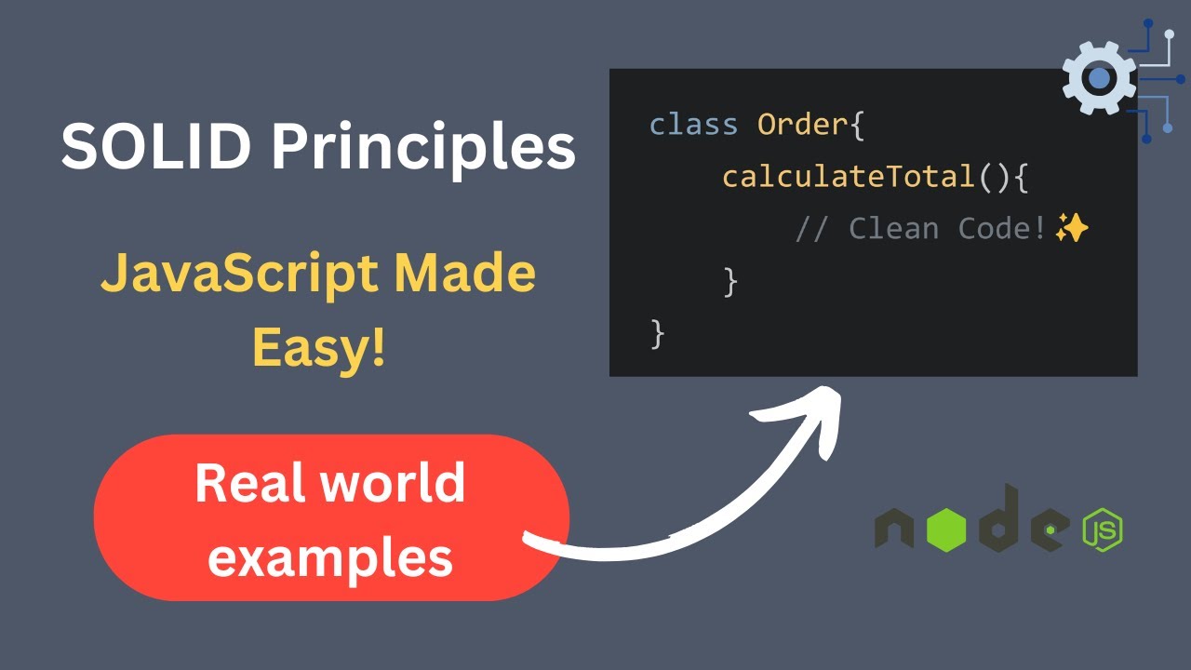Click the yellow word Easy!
coord(318,348)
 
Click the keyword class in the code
coord(693,125)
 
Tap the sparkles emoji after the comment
coord(1072,228)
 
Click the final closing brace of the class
coord(658,333)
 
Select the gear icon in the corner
coord(1099,78)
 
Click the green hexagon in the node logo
coord(946,530)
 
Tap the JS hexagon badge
coord(1102,530)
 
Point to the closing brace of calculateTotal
coord(730,281)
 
